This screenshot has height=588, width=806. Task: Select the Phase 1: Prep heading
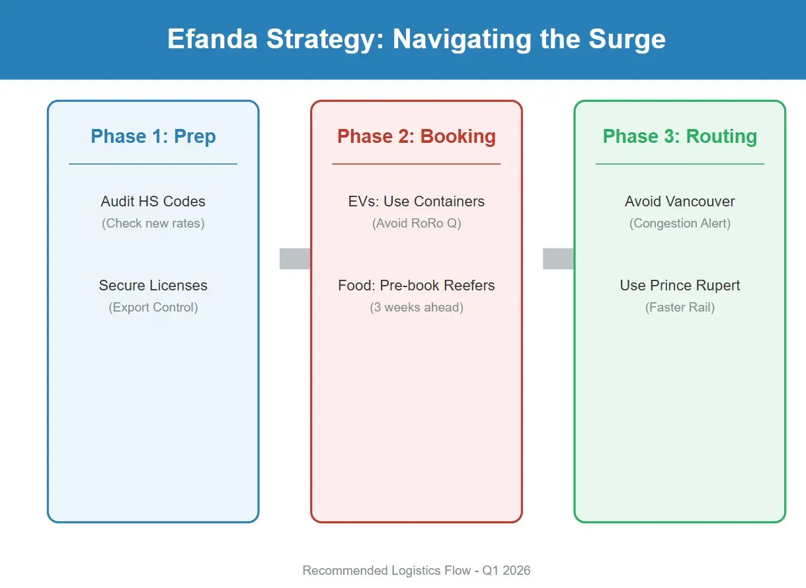point(153,136)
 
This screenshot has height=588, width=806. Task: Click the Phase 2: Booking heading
point(417,136)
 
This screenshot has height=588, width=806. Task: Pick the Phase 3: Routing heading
point(680,136)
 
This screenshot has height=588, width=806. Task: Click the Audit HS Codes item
point(153,201)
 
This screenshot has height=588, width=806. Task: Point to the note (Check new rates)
point(153,223)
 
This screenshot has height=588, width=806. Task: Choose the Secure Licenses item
point(153,285)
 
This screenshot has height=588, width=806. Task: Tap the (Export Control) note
point(153,307)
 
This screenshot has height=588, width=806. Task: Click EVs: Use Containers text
point(417,201)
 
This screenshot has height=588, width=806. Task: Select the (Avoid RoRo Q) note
point(417,223)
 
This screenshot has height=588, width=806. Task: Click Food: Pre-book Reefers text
point(417,285)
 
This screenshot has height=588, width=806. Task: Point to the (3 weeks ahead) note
point(417,307)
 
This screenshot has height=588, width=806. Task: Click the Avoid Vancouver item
point(680,201)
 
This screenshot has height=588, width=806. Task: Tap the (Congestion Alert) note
point(680,223)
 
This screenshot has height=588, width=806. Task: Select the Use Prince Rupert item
point(680,285)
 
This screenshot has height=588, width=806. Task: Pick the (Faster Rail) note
point(680,307)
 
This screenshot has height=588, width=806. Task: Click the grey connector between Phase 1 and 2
point(295,259)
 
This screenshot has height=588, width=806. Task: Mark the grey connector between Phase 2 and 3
point(558,259)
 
